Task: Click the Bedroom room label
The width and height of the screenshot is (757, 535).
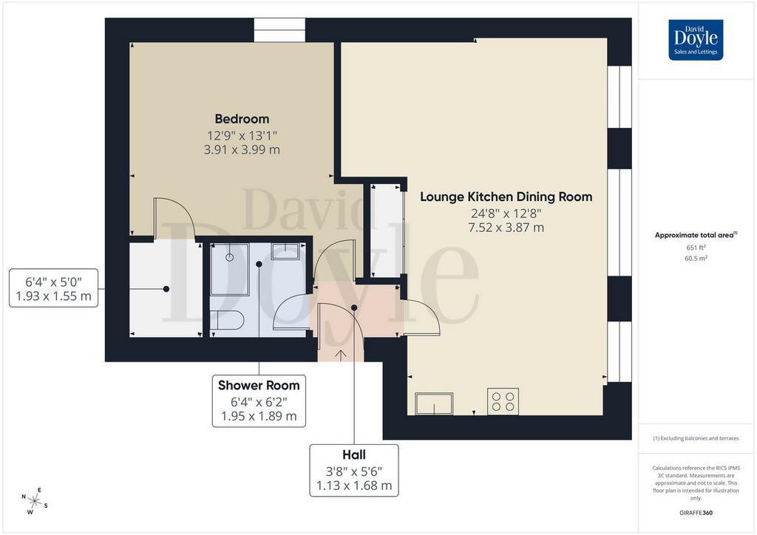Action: [242, 119]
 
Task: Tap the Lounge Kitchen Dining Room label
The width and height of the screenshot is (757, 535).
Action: [506, 197]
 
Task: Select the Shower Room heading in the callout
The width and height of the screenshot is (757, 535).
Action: [259, 386]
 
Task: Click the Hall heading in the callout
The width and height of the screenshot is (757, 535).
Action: [354, 455]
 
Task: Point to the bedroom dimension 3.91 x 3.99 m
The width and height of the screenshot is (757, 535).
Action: [242, 149]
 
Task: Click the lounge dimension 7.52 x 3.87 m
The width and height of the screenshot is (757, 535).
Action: [506, 227]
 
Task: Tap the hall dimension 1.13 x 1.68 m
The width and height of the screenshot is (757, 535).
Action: [354, 485]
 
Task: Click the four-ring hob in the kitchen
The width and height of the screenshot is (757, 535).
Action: [503, 401]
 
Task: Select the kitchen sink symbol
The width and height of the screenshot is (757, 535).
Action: [434, 403]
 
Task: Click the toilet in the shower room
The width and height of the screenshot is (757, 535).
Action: [227, 320]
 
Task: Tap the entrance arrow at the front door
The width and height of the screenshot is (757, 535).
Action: [340, 355]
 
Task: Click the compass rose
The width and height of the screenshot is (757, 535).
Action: [35, 501]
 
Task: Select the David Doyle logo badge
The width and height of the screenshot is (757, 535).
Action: [696, 40]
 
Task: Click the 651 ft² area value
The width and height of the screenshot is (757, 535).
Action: [696, 248]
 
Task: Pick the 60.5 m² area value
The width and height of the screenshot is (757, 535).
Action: [696, 258]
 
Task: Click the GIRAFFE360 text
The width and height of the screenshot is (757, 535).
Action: [696, 513]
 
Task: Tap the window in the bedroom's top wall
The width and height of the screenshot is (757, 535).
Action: [279, 30]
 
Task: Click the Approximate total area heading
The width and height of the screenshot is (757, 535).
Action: [696, 236]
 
